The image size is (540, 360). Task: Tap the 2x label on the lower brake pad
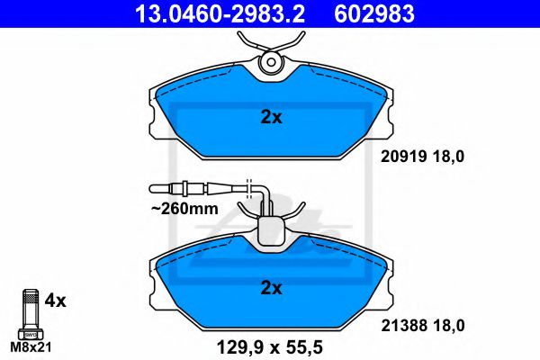[x=272, y=288]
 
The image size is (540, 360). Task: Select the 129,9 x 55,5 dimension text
[x=270, y=346]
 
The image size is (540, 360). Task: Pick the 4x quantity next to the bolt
[x=56, y=301]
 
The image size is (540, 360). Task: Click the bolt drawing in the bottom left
[x=29, y=310]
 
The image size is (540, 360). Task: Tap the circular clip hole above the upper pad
[x=271, y=63]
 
